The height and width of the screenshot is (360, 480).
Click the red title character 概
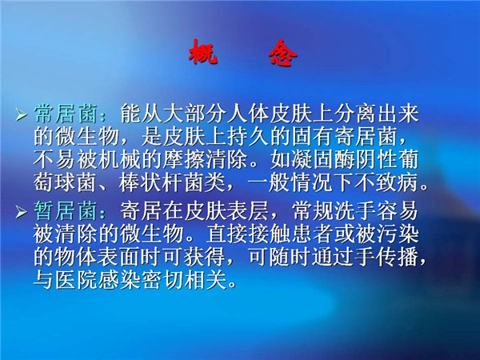point(203,52)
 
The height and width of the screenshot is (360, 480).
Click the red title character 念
point(282,53)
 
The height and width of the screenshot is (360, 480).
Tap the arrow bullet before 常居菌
point(22,114)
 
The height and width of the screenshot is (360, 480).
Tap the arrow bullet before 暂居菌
point(22,211)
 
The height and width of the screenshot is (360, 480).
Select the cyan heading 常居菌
point(66,114)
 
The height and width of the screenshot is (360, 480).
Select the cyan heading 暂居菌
point(66,211)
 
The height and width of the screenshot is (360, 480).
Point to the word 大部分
point(194,114)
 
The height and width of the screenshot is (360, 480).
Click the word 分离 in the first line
point(355,114)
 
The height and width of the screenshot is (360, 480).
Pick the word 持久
point(248,136)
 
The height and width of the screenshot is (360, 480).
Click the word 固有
point(312,136)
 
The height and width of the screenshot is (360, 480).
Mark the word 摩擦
point(183,159)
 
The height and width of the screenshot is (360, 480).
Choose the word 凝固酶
point(323,159)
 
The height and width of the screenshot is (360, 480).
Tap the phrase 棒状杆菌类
point(172,183)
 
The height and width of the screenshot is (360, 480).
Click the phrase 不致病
point(387,183)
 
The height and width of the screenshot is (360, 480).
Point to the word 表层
point(248,211)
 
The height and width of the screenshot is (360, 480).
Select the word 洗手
point(355,211)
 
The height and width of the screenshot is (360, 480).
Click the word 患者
point(312,234)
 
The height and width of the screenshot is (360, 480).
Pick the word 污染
point(398,234)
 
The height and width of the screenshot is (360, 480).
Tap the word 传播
point(398,257)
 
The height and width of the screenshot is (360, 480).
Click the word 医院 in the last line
point(76,280)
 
